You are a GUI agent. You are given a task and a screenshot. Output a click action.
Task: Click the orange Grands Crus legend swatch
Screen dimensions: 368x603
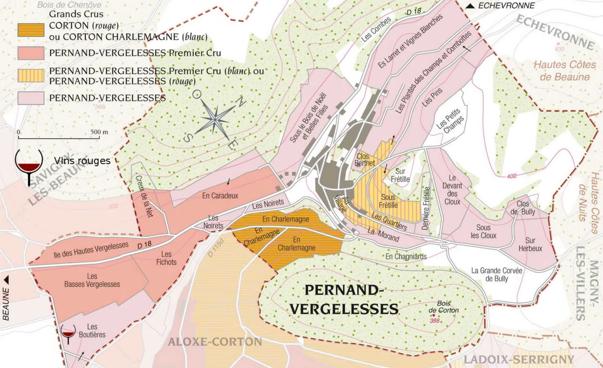tap(31, 30)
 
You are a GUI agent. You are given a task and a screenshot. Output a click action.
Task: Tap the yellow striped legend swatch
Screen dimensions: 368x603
tap(31, 76)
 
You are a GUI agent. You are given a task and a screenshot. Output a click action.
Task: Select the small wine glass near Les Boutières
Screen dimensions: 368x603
tap(68, 333)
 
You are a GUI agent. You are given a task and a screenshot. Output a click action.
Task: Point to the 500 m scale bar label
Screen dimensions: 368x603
tap(99, 132)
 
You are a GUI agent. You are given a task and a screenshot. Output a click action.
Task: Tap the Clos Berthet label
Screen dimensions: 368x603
tap(364, 160)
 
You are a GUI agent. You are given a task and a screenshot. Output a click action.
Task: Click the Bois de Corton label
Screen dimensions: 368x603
tap(443, 307)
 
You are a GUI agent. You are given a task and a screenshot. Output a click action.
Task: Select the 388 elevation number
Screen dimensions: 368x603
tap(435, 321)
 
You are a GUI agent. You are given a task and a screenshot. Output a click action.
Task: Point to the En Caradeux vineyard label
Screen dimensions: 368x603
tap(220, 196)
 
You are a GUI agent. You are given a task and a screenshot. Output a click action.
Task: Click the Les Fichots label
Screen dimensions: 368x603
tap(166, 258)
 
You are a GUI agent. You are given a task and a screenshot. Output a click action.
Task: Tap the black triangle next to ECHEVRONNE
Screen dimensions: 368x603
tap(470, 6)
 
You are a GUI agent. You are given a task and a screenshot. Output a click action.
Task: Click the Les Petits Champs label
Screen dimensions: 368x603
tap(450, 121)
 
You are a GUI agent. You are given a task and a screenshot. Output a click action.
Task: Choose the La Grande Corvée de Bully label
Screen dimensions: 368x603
tap(497, 275)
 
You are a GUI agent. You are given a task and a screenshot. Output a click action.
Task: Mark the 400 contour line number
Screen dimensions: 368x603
tap(511, 176)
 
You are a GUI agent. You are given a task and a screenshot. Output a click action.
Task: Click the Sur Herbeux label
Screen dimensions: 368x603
tap(530, 244)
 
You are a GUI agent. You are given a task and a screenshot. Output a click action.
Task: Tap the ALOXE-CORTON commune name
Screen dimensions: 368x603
tap(215, 342)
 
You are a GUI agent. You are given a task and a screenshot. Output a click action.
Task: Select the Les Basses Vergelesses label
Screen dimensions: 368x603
tap(92, 280)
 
